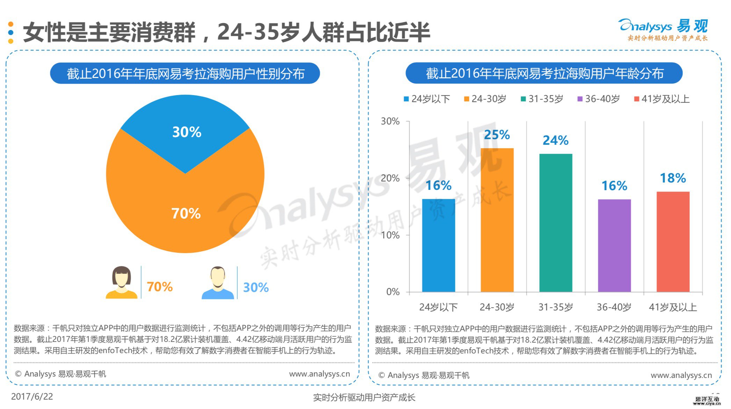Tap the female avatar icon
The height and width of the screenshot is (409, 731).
click(122, 282)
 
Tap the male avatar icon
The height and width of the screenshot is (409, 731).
click(218, 283)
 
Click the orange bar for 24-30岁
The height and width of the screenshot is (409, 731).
click(497, 220)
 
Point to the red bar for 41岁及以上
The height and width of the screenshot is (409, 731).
click(673, 242)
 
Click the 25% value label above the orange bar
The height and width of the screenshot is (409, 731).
click(497, 135)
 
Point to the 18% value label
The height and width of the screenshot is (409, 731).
click(673, 178)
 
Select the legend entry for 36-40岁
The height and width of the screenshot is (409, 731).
click(599, 99)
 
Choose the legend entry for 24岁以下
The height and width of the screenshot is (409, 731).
click(427, 99)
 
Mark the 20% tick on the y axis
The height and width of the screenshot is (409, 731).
click(390, 178)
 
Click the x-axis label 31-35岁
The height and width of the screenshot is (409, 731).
click(556, 307)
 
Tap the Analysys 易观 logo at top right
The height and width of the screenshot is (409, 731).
click(663, 30)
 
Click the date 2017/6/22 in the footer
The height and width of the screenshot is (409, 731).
click(32, 397)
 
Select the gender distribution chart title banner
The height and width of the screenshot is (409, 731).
click(185, 73)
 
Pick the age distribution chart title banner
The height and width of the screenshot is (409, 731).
click(544, 73)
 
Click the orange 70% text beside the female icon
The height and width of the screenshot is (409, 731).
click(160, 287)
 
